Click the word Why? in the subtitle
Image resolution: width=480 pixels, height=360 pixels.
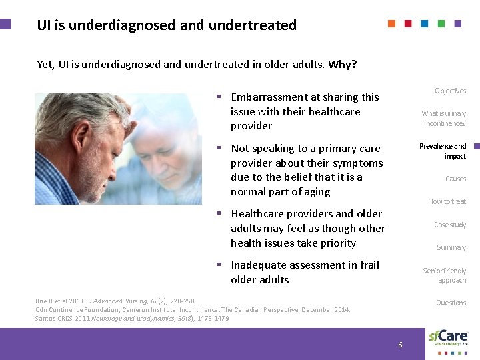coord(342,65)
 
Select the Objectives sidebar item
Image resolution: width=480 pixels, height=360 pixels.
coord(450,91)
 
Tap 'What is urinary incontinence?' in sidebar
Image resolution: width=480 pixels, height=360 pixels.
coord(443,118)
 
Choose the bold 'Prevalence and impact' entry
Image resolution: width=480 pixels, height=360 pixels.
coord(443,151)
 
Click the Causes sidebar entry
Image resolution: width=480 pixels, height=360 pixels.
coord(455,179)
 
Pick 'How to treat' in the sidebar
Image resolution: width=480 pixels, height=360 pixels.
coord(447,201)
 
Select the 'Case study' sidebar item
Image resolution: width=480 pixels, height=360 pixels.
coord(450,225)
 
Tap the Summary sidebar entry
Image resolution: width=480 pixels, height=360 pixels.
coord(451,247)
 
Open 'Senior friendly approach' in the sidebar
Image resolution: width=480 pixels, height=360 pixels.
coord(445,275)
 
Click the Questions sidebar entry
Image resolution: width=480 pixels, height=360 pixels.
coord(451,303)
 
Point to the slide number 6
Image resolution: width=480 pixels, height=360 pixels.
coord(400,345)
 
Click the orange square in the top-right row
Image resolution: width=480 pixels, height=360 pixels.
coord(392,23)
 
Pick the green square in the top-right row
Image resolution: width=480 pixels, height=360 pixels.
coord(441,23)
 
